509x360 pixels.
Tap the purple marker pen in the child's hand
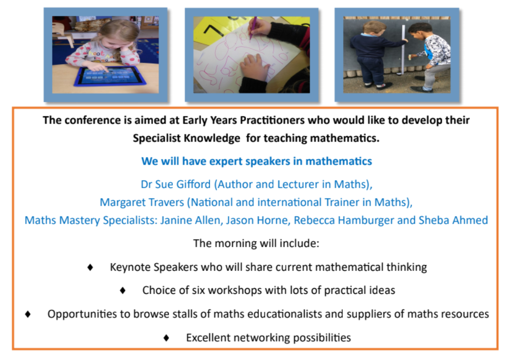(252, 28)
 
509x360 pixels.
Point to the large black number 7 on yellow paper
(212, 30)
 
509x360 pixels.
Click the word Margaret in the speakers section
(120, 203)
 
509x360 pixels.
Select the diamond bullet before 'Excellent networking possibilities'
(166, 338)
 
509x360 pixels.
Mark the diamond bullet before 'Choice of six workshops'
(123, 290)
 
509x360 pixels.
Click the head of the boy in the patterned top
(418, 31)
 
